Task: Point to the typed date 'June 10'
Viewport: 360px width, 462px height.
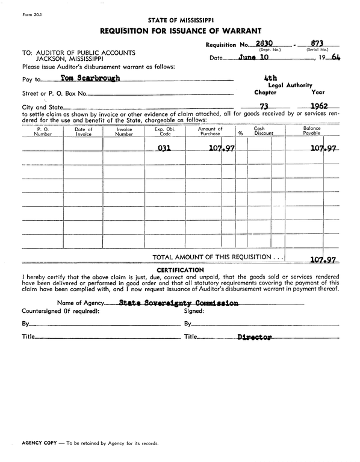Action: [x=254, y=58]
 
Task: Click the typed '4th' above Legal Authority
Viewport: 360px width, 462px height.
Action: [x=270, y=78]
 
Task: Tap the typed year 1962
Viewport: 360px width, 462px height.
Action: [x=314, y=106]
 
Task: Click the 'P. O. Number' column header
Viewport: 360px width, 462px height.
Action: [x=43, y=131]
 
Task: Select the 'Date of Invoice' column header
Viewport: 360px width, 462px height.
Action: [x=83, y=131]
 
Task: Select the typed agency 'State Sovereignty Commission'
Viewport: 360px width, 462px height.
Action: [x=179, y=303]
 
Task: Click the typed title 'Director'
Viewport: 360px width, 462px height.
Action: [x=253, y=337]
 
